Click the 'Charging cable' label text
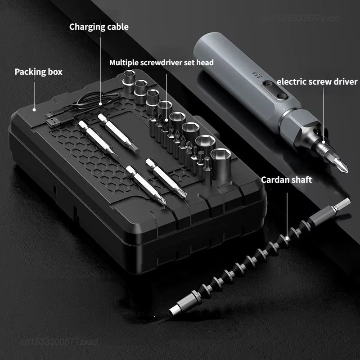point(99,27)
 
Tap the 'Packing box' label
point(38,72)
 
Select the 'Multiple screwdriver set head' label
point(162,63)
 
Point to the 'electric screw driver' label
point(317,81)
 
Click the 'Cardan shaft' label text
point(286,180)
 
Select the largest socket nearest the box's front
point(220,157)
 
